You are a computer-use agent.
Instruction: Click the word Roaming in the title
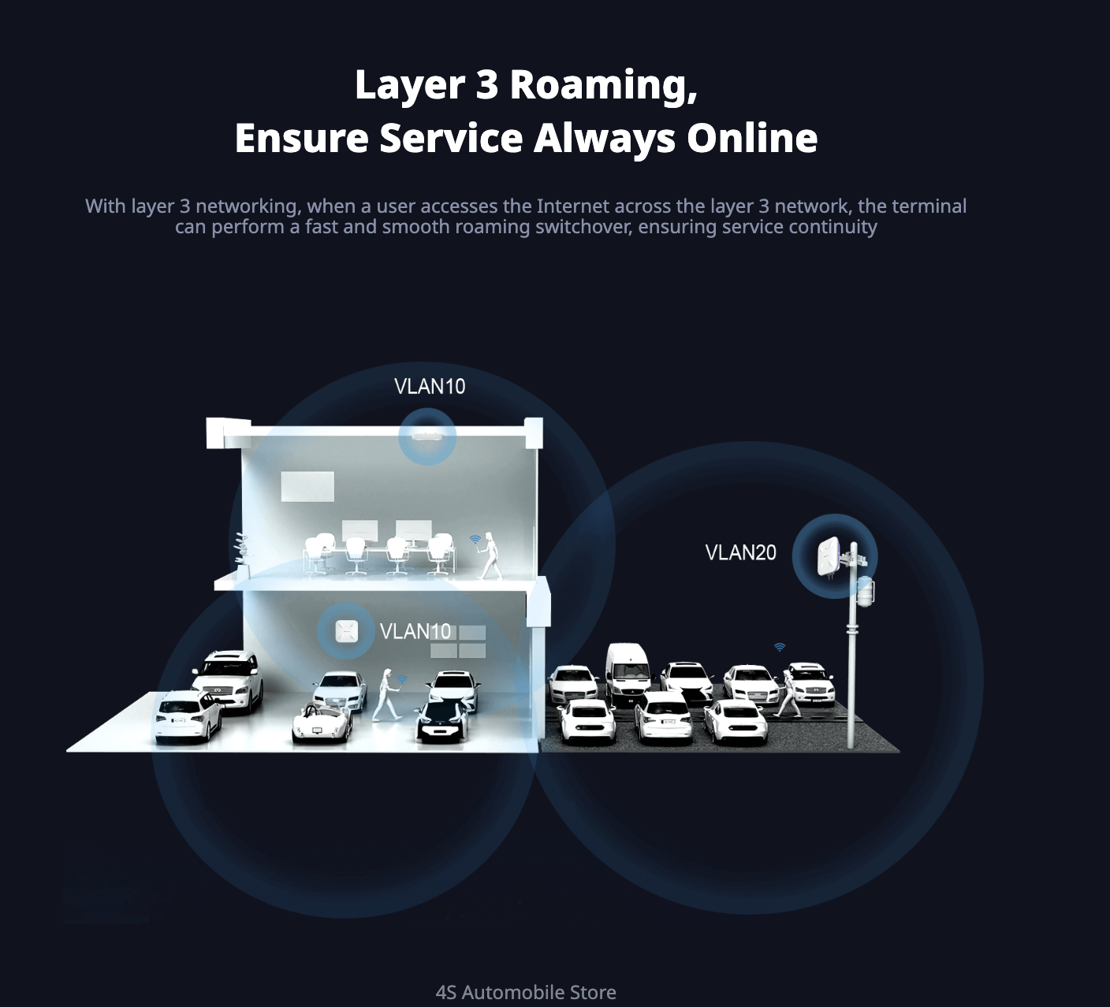click(603, 85)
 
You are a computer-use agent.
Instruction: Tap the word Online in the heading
click(752, 138)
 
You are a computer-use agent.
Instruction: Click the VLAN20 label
click(740, 552)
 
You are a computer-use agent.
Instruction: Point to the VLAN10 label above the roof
click(430, 386)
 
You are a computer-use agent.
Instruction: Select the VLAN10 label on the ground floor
click(415, 631)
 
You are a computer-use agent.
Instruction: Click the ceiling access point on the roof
click(427, 436)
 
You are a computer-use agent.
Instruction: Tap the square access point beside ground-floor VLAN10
click(346, 631)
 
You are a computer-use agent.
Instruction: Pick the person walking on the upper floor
click(490, 556)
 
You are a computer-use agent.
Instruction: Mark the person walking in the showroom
click(386, 694)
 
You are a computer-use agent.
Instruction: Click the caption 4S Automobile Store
click(526, 992)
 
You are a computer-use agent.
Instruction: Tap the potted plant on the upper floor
click(241, 548)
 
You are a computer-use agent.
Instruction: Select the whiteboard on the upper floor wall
click(307, 486)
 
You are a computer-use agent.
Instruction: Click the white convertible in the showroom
click(321, 723)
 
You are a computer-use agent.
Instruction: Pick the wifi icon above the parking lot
click(780, 647)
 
